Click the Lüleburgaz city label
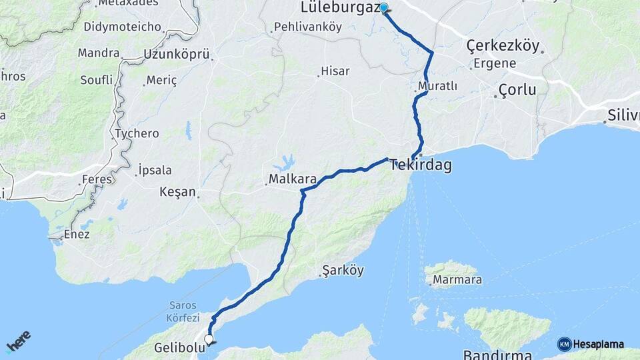(339, 8)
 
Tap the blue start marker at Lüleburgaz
(384, 9)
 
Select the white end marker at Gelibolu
(209, 339)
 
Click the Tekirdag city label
(421, 164)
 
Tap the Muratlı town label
(437, 87)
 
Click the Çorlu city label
(517, 90)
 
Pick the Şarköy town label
(343, 271)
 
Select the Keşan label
(178, 192)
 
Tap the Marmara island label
(457, 280)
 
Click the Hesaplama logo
(591, 344)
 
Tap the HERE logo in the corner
(18, 342)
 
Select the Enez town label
(77, 235)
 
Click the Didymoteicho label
(123, 27)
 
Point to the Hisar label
(335, 71)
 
